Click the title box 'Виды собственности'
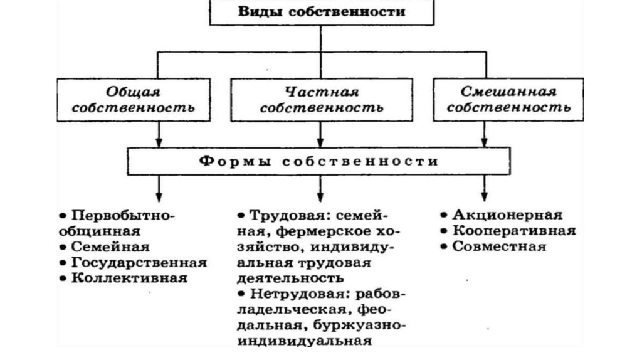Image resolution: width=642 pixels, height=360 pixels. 321,12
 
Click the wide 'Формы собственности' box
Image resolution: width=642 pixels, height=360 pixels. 321,161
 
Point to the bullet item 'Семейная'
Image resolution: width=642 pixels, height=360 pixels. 110,246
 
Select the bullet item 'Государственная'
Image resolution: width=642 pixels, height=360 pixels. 139,263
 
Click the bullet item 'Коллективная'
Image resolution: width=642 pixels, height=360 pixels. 129,278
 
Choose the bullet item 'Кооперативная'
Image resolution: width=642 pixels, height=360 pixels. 513,231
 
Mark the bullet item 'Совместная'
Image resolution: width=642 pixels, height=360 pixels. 499,246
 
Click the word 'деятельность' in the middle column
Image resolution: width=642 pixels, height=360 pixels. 290,278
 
